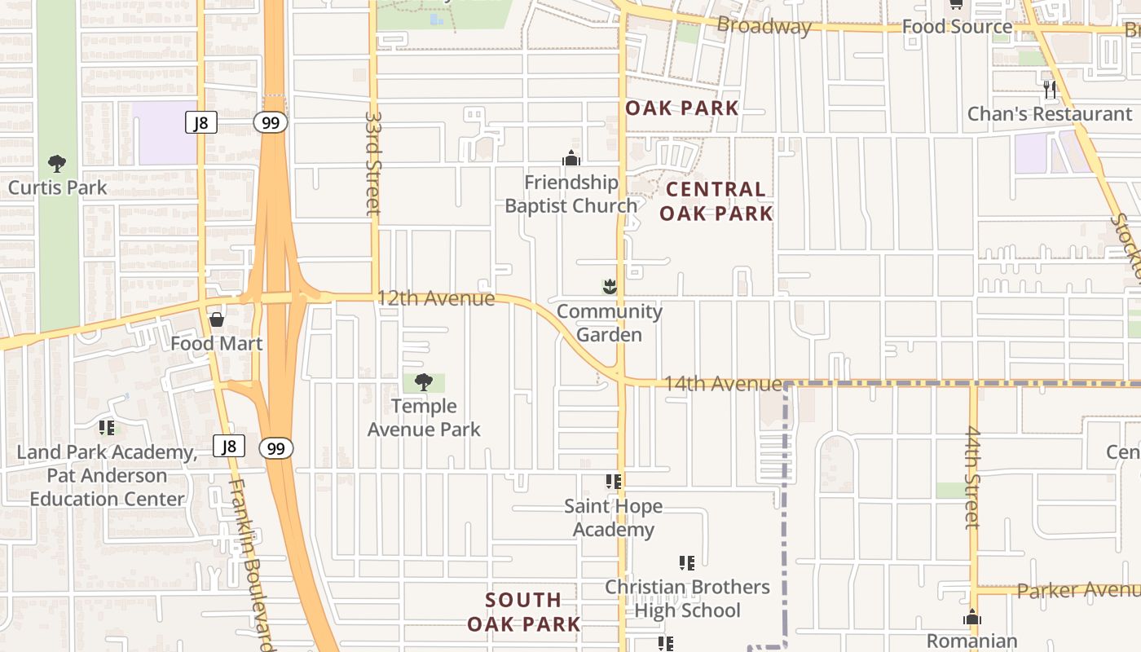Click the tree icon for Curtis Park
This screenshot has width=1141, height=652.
pos(56,164)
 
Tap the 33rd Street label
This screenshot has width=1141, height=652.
pos(373,163)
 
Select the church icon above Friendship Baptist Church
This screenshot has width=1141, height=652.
pos(571,158)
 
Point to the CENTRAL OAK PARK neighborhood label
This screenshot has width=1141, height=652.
pos(716,201)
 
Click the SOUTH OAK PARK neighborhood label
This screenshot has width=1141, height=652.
pos(524,612)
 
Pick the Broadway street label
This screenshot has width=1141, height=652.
pos(764,26)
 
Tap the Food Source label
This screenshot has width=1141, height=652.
pos(957,26)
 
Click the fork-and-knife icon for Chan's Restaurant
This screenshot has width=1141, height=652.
pos(1050,89)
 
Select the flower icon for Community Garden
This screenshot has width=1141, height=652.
pos(609,287)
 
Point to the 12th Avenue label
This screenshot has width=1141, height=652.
pos(435,298)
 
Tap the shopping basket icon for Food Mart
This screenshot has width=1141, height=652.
pos(217,319)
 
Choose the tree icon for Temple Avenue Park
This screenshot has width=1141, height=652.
pos(424,381)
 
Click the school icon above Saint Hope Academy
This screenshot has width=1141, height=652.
pos(613,482)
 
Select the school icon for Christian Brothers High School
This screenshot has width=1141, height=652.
pos(686,562)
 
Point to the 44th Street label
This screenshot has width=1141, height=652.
pos(972,477)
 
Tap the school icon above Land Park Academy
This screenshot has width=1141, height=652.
pos(107,427)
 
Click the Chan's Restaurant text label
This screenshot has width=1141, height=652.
pos(1050,114)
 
